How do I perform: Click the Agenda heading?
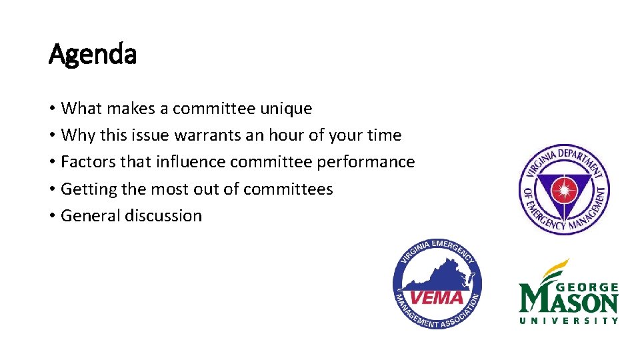(93, 54)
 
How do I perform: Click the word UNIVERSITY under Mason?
(569, 320)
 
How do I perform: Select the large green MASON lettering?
(569, 301)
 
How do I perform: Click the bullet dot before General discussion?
(52, 216)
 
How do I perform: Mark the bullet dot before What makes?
(52, 108)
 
